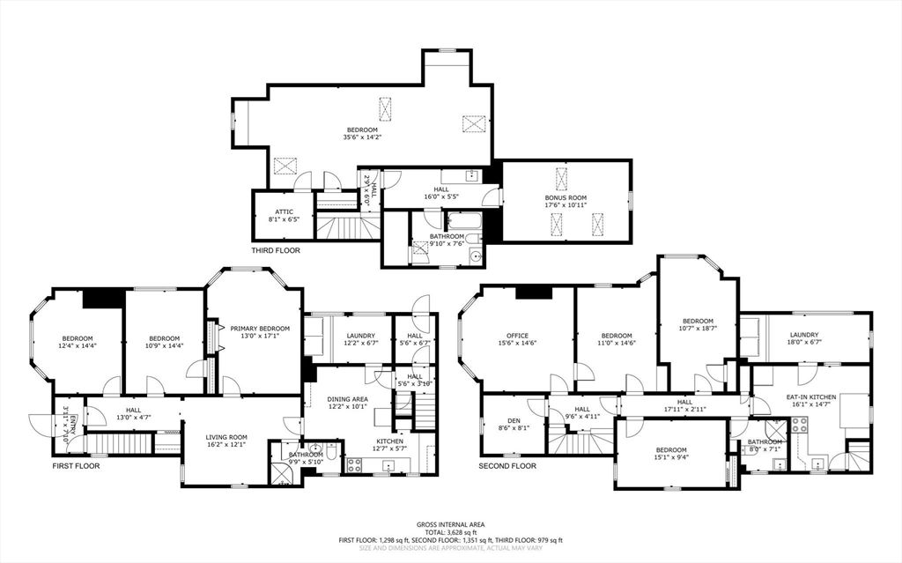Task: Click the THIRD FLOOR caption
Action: [275, 251]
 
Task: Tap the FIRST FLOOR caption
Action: [75, 465]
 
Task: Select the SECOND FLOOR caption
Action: [507, 465]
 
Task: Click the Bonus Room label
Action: [566, 198]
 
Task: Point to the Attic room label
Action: [284, 211]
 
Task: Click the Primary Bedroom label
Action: [254, 328]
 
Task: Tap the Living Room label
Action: [226, 437]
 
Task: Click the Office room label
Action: [516, 335]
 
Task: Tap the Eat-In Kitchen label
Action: [809, 398]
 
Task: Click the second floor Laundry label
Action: [804, 335]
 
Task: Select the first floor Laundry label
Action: [361, 335]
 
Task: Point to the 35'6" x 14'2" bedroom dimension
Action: [361, 137]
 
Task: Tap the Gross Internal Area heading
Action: [450, 523]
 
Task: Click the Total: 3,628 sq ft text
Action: [450, 531]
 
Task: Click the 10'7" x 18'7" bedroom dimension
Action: [697, 329]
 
